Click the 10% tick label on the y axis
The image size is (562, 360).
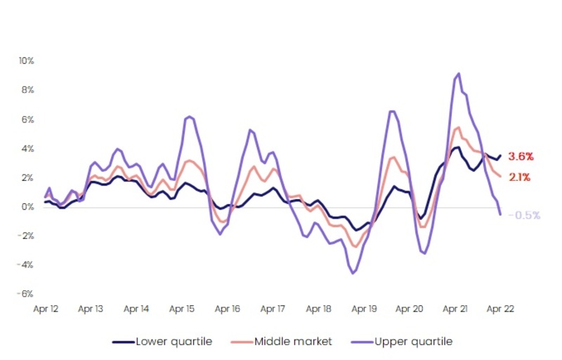pyautogui.click(x=26, y=60)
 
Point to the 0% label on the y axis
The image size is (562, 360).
pyautogui.click(x=28, y=207)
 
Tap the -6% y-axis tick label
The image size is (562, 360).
pyautogui.click(x=26, y=294)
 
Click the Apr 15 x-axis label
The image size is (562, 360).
pyautogui.click(x=182, y=309)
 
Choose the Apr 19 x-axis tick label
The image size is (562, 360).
pyautogui.click(x=364, y=309)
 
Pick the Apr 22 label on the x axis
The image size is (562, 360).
pyautogui.click(x=501, y=309)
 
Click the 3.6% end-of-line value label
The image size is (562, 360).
pyautogui.click(x=521, y=156)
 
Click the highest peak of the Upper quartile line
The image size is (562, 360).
pyautogui.click(x=459, y=73)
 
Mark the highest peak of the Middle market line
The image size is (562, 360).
pyautogui.click(x=458, y=127)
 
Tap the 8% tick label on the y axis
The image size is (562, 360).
pyautogui.click(x=27, y=90)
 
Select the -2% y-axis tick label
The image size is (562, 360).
pyautogui.click(x=26, y=236)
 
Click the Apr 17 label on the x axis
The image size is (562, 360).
pyautogui.click(x=273, y=309)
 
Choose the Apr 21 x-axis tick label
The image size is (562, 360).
pyautogui.click(x=455, y=309)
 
